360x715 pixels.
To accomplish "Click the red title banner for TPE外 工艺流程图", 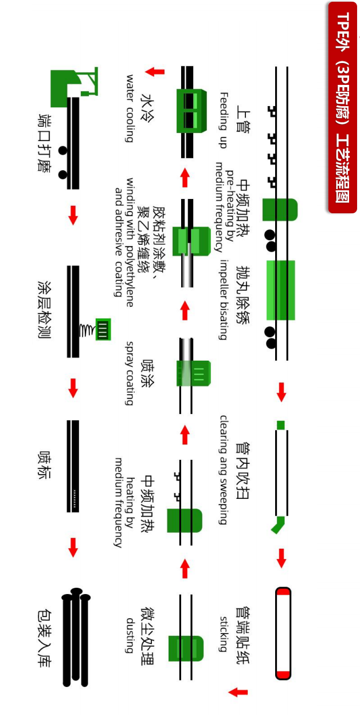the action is coord(342,107).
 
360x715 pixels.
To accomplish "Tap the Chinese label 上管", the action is coord(243,121).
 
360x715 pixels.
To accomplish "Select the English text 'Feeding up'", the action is coord(224,120).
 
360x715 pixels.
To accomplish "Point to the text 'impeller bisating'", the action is coord(224,300).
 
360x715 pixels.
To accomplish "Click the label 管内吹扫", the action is coord(243,471).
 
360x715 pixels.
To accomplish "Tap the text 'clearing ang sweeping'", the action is coord(224,470).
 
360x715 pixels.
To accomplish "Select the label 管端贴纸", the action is coord(243,635).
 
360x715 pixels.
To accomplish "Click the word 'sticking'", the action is coord(224,634).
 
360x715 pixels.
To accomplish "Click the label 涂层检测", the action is coord(44,310).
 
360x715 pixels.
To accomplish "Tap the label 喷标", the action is coord(44,465).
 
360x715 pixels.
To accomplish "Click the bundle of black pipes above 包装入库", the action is coord(76,637).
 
